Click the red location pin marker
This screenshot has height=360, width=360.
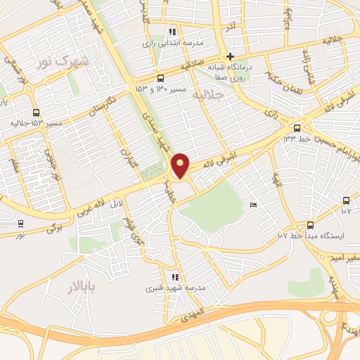(x=181, y=166)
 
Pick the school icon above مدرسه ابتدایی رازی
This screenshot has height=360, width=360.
(x=173, y=32)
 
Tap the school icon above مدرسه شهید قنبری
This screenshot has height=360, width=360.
(x=174, y=277)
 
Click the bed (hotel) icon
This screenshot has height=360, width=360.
(x=254, y=205)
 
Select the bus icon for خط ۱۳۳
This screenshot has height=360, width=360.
(x=297, y=128)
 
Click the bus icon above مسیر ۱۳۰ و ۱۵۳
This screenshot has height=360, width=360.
(x=161, y=78)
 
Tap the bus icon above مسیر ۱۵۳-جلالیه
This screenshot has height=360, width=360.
(x=36, y=112)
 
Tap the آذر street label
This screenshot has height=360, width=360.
(x=229, y=27)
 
